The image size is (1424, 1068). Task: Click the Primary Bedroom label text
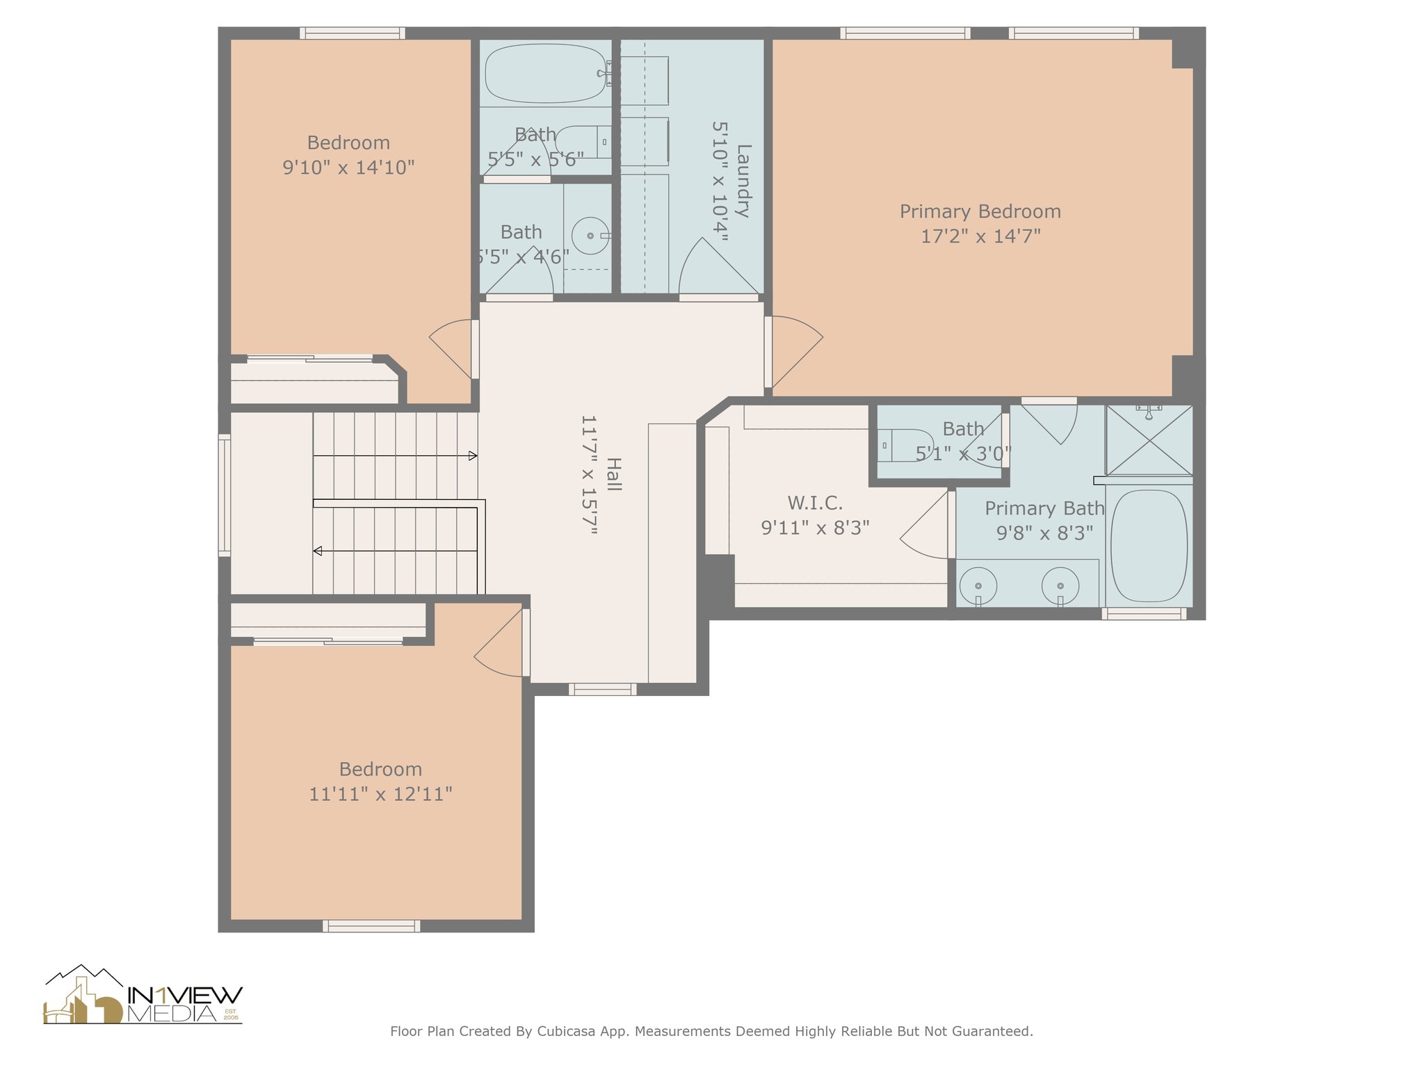[x=980, y=211]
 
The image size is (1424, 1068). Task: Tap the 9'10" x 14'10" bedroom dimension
[x=348, y=168]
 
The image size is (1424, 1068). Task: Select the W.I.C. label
[x=815, y=503]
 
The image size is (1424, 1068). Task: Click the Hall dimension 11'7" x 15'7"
[x=589, y=475]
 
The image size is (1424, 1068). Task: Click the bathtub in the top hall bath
[x=546, y=74]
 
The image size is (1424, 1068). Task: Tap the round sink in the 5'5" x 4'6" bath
[x=591, y=236]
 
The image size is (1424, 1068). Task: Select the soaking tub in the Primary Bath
[x=1149, y=546]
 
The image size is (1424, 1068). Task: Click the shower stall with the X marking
[x=1149, y=441]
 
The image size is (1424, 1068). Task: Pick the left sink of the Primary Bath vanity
[x=978, y=585]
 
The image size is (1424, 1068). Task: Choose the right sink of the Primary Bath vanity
[x=1060, y=585]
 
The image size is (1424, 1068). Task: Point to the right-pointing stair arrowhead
[x=473, y=456]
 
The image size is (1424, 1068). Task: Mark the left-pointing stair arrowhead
[x=318, y=551]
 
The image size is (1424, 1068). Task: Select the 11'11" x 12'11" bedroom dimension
[x=380, y=794]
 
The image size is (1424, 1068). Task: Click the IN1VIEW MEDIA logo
[x=143, y=995]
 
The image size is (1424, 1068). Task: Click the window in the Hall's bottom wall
[x=603, y=689]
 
